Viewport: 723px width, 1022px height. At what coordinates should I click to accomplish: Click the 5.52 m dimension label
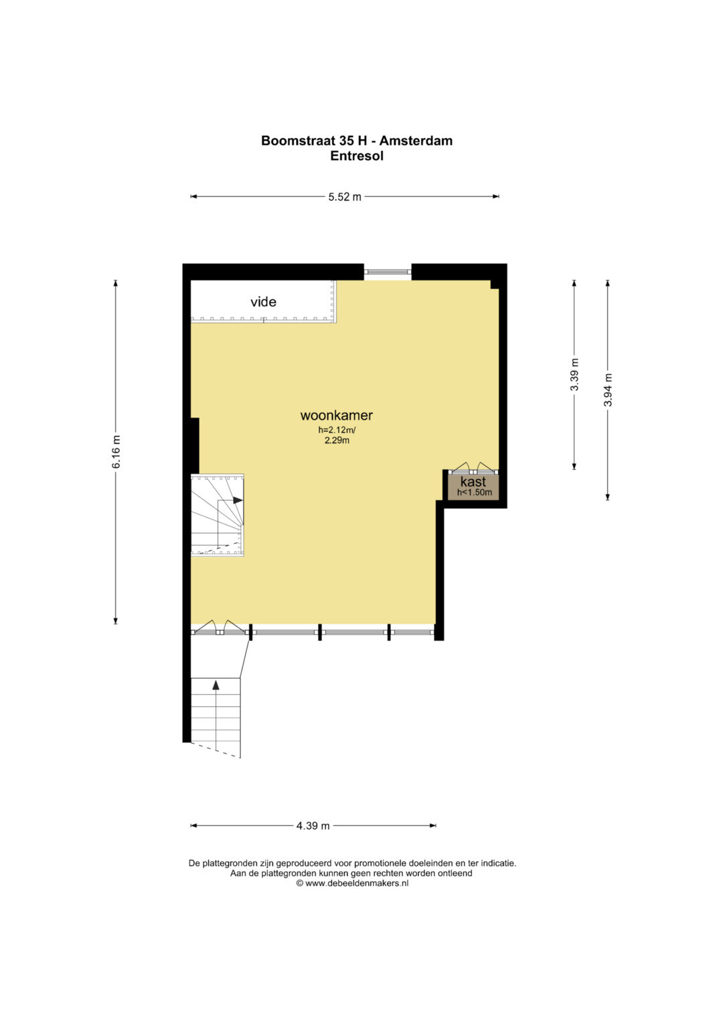pyautogui.click(x=345, y=197)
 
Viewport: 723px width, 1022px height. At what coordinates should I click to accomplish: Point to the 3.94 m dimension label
pyautogui.click(x=608, y=390)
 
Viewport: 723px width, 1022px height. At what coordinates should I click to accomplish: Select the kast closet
pyautogui.click(x=473, y=487)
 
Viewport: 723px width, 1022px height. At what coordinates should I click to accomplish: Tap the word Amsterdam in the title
pyautogui.click(x=416, y=141)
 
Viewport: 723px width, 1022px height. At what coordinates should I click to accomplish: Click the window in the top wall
pyautogui.click(x=388, y=272)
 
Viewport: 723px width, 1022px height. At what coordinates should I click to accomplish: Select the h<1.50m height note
pyautogui.click(x=475, y=493)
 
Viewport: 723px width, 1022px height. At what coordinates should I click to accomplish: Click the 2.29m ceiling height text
pyautogui.click(x=337, y=440)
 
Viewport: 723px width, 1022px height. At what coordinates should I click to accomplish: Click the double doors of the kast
pyautogui.click(x=473, y=468)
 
